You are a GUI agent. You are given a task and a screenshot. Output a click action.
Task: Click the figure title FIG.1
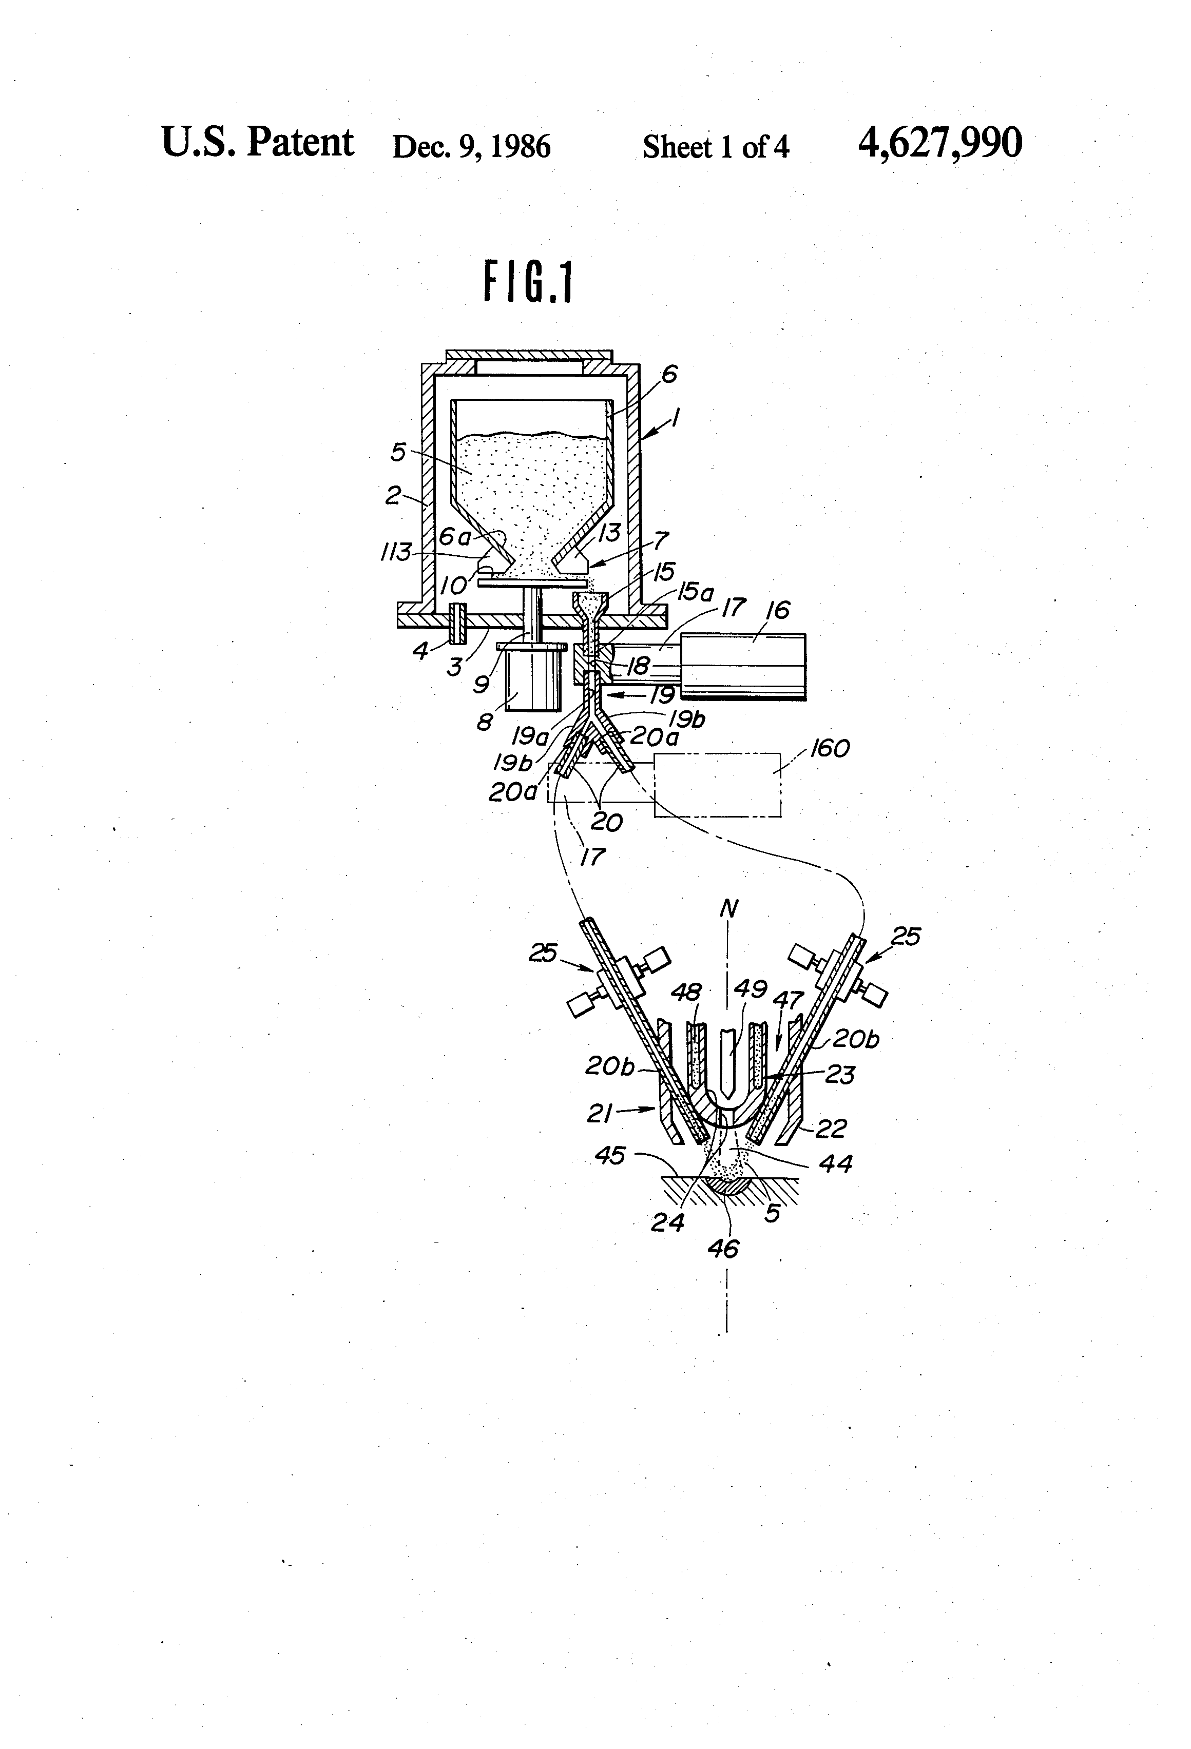[x=528, y=281]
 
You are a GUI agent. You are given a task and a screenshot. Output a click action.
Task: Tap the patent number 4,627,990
[x=939, y=143]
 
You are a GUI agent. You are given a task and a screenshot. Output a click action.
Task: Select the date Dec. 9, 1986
[x=471, y=146]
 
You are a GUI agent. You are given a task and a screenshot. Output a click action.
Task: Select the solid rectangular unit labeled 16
[x=742, y=666]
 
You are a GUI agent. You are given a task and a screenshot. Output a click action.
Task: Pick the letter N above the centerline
[x=728, y=909]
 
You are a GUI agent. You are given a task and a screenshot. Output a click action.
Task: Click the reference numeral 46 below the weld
[x=723, y=1249]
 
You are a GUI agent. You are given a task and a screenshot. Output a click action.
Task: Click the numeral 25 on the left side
[x=542, y=953]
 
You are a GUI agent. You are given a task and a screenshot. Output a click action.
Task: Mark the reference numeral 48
[x=686, y=992]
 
